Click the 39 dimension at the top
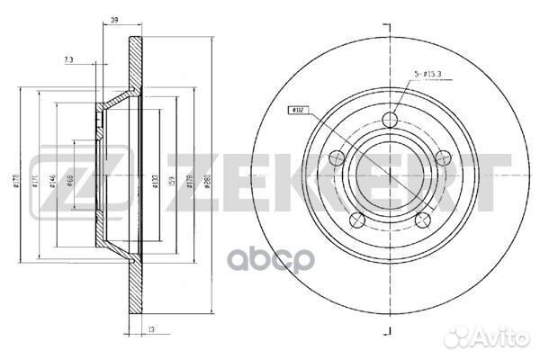click(113, 19)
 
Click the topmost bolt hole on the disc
click(389, 121)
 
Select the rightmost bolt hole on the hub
click(441, 158)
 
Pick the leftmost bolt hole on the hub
click(337, 159)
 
